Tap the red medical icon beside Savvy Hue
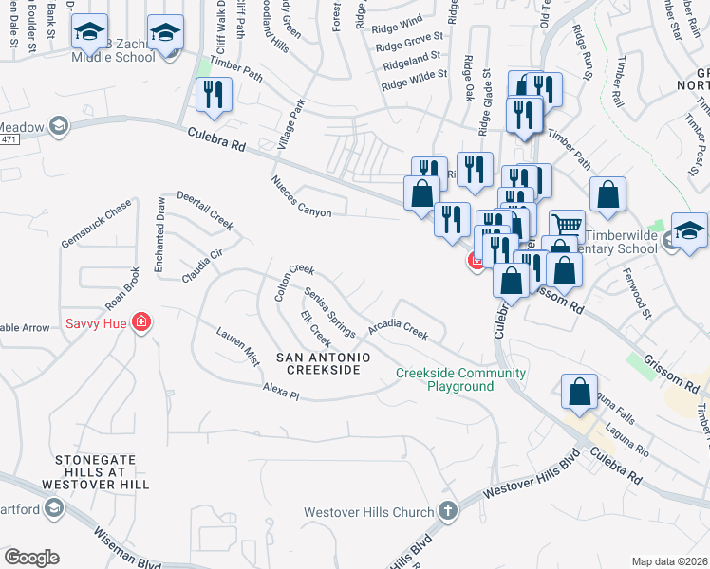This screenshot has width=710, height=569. click(x=141, y=323)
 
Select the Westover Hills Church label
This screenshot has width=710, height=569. click(x=368, y=513)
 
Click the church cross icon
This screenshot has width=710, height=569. click(x=447, y=512)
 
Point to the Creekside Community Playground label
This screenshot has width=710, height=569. click(x=460, y=379)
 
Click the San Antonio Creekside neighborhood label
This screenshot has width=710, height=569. click(x=318, y=362)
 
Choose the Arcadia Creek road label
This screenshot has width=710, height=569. click(x=399, y=328)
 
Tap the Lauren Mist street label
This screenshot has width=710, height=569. click(x=237, y=347)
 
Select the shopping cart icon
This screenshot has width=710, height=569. click(x=567, y=226)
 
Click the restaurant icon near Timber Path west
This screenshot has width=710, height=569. click(x=213, y=95)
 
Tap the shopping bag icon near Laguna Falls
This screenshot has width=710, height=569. click(x=579, y=392)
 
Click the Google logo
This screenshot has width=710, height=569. click(x=31, y=558)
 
